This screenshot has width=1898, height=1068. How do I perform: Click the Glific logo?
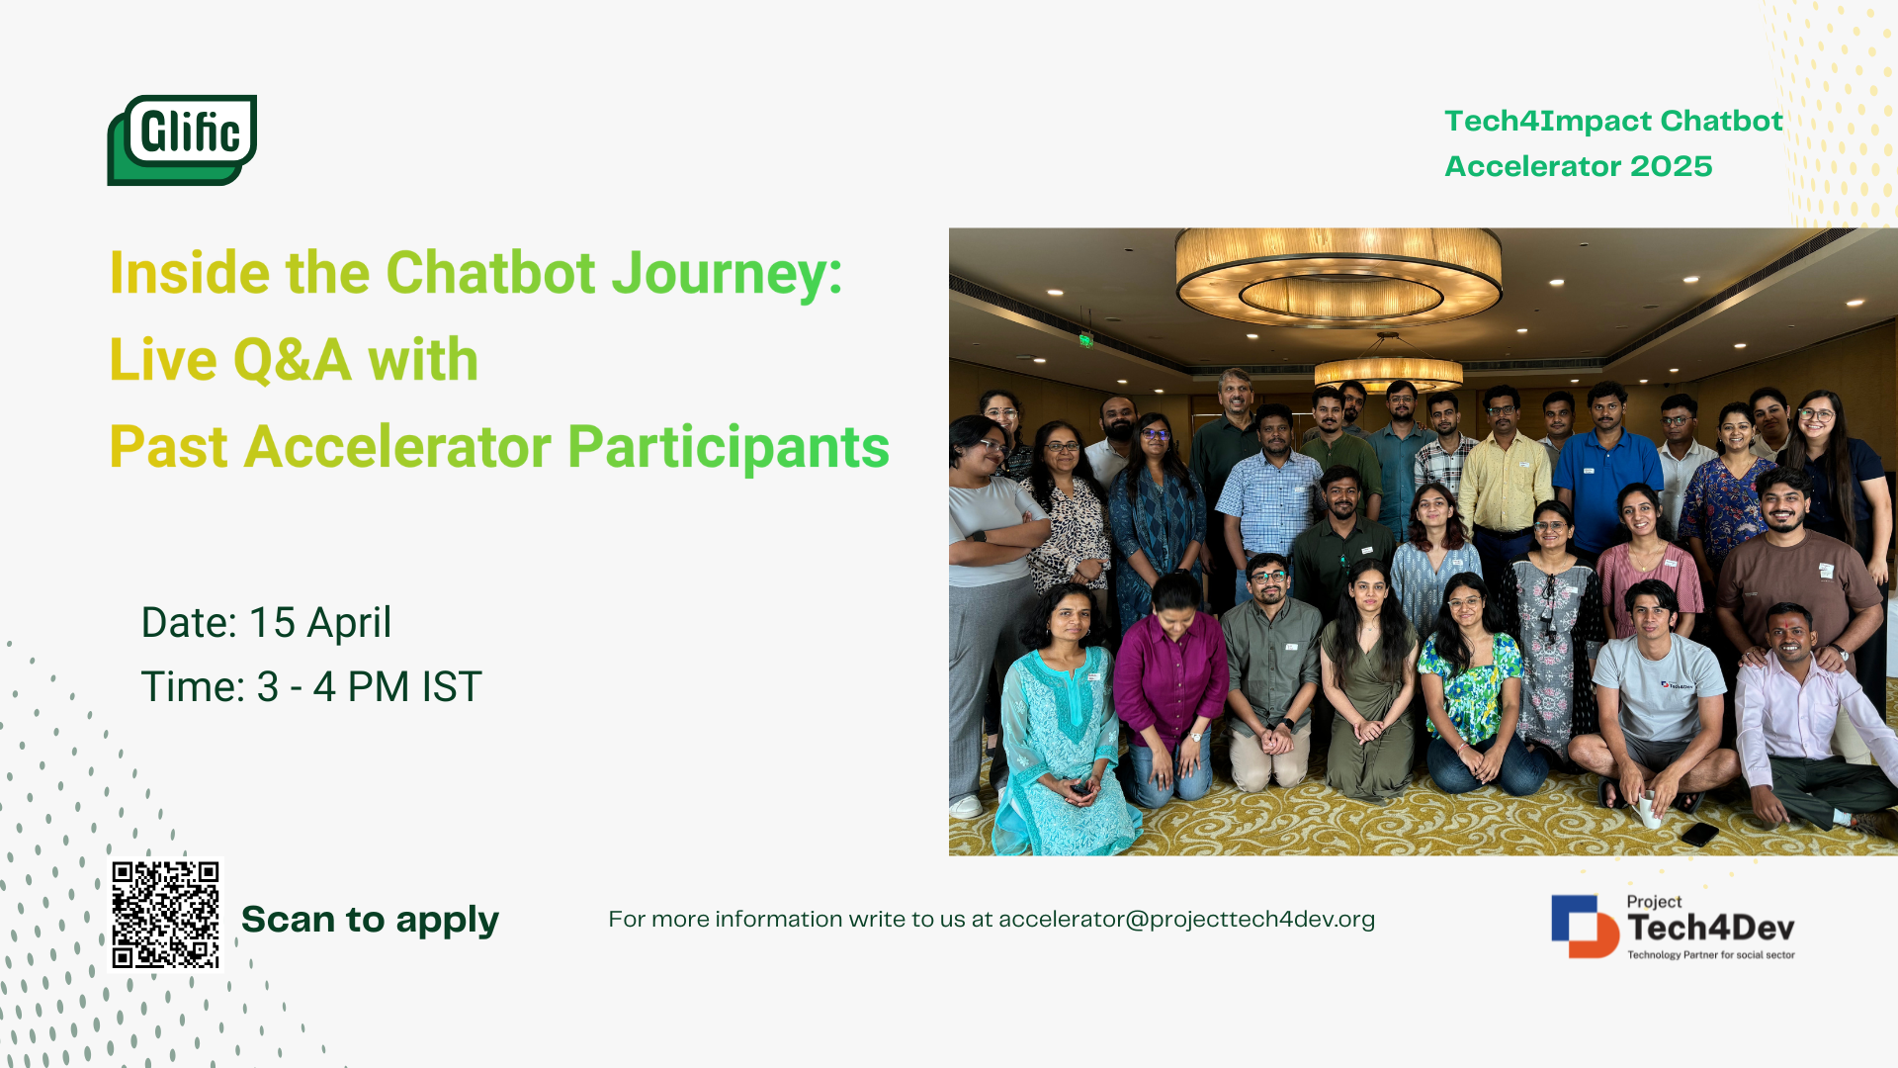point(182,139)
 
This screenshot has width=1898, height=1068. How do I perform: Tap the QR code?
point(165,915)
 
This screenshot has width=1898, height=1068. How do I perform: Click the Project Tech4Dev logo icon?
point(1585,927)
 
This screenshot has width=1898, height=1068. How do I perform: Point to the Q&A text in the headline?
point(293,359)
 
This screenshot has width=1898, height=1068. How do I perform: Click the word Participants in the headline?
point(729,447)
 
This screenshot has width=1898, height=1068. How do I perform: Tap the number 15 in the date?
point(272,623)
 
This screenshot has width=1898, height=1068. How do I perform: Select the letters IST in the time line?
point(452,687)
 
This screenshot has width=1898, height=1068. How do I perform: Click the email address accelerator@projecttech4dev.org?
point(1186,920)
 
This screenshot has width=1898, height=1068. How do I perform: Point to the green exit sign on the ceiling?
point(1085,340)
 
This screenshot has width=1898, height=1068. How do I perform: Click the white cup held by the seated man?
point(1648,809)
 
